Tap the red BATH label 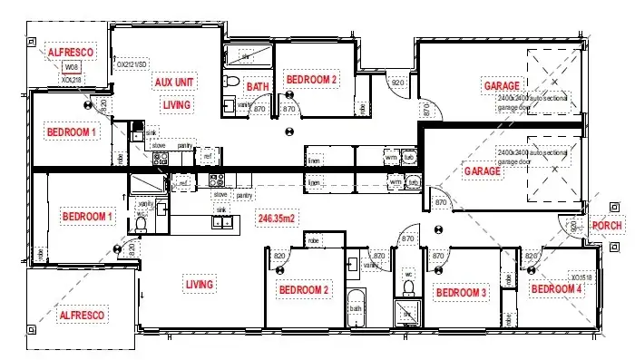click(259, 87)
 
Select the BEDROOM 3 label click(461, 293)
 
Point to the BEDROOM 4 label click(556, 289)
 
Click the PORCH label click(606, 225)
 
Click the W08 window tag click(72, 67)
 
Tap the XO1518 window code click(581, 277)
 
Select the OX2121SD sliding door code click(132, 64)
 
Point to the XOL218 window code click(72, 79)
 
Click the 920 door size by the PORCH click(573, 224)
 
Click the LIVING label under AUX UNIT click(176, 105)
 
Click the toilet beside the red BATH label click(232, 85)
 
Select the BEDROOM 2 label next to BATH click(311, 80)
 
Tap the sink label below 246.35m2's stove click(220, 209)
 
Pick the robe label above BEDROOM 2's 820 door click(314, 240)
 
